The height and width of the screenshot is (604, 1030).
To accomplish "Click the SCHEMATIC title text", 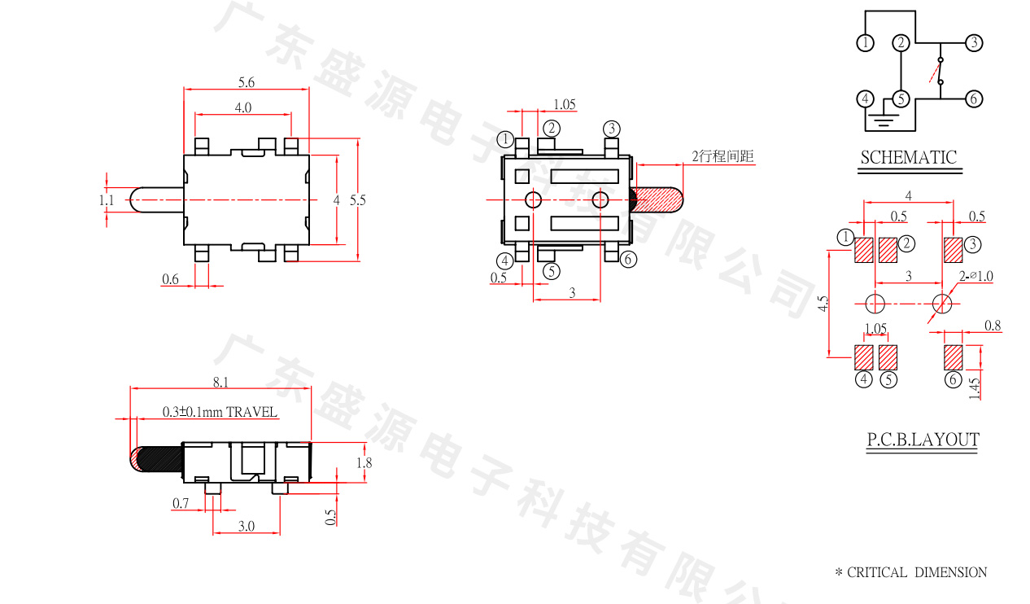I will [x=909, y=158].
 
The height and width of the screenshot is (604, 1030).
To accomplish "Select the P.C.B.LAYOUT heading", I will [x=923, y=440].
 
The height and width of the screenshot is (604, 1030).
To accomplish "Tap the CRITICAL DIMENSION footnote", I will [x=911, y=572].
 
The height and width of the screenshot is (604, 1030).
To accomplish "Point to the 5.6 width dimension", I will [x=247, y=82].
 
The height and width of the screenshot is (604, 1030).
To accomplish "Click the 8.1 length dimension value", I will [x=220, y=381].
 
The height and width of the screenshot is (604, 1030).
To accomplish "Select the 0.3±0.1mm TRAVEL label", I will [x=220, y=412].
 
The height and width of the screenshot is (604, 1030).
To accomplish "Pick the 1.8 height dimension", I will [x=365, y=463].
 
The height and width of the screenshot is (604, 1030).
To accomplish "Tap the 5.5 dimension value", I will [x=357, y=199].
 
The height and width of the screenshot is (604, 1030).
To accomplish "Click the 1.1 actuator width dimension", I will [x=107, y=199].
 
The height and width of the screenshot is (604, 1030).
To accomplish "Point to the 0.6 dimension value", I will [x=170, y=279].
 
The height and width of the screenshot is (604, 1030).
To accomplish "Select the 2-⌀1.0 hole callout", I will [x=976, y=277].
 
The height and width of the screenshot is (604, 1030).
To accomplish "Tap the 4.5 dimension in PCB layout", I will [x=824, y=304].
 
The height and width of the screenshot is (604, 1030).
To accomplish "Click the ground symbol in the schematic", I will [x=883, y=121].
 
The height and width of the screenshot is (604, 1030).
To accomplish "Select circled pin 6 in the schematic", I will [x=974, y=98].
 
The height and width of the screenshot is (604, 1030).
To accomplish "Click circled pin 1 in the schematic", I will [x=866, y=42].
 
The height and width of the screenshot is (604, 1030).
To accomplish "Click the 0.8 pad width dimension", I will [x=993, y=326].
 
